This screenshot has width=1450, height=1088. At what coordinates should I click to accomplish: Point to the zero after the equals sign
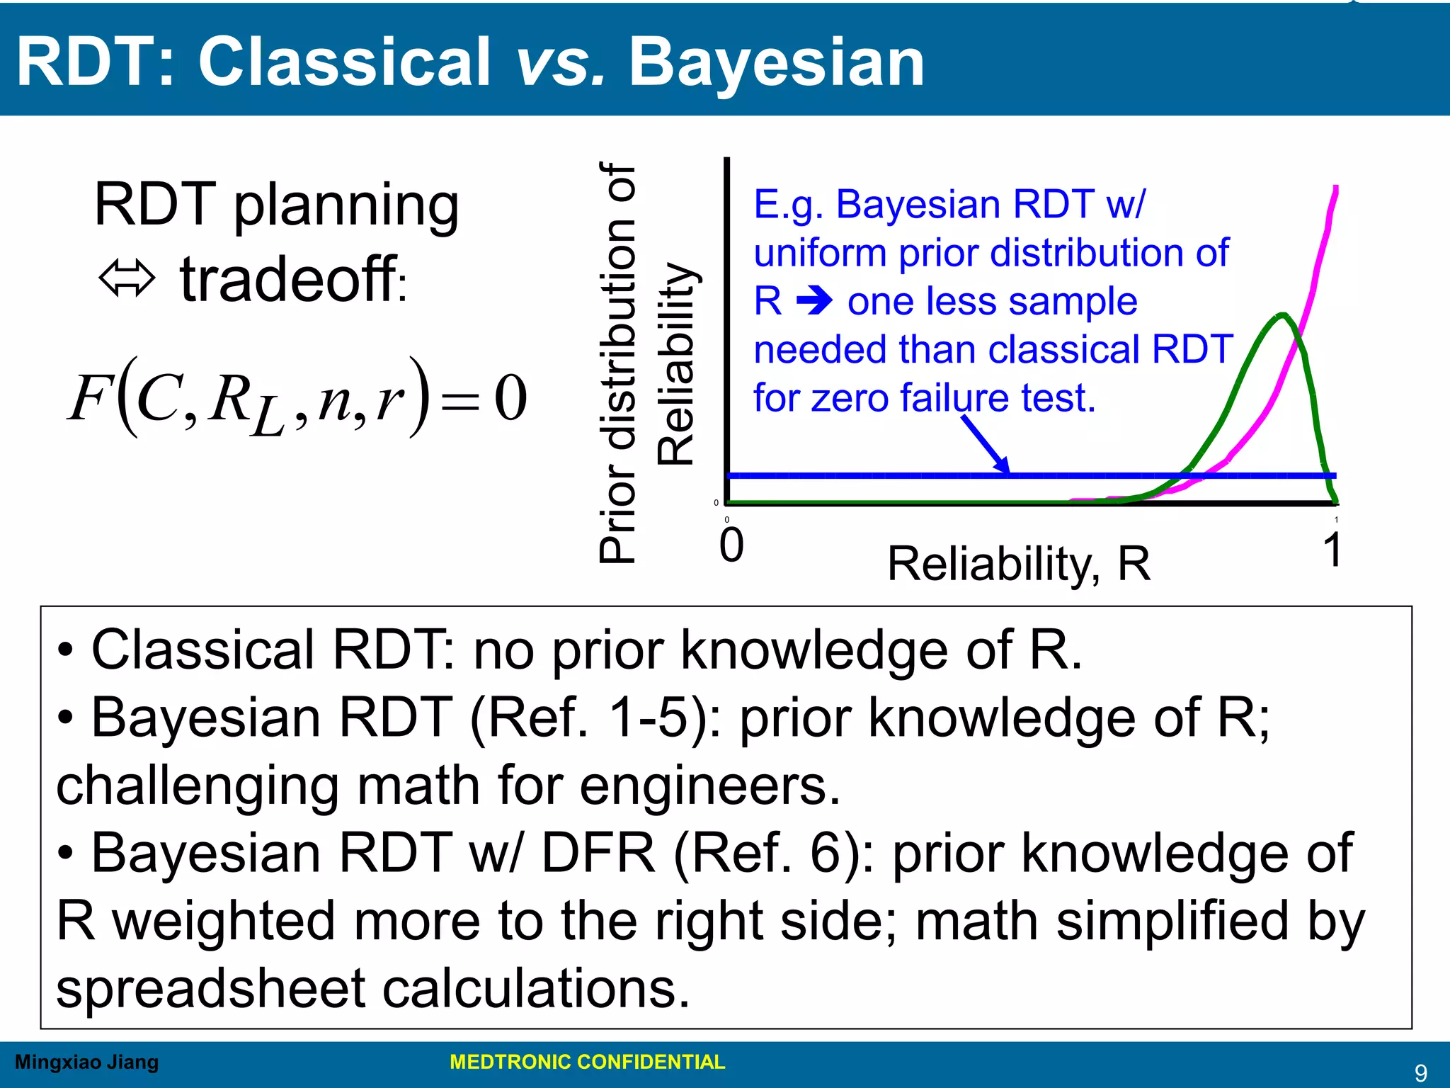[510, 398]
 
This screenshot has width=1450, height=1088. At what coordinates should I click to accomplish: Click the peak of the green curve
[1282, 315]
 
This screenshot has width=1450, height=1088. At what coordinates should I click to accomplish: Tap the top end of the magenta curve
[1336, 188]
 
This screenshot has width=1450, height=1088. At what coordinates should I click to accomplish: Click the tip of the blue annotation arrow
[1007, 472]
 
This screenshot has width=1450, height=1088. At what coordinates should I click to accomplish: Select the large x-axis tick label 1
[1332, 550]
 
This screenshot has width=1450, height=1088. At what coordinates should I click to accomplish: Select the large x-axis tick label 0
[731, 545]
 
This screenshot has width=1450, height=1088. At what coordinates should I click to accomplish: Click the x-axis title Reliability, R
[1018, 565]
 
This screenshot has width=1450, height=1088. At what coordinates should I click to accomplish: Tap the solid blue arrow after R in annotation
[814, 302]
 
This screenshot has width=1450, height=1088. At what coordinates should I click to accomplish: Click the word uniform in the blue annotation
[820, 253]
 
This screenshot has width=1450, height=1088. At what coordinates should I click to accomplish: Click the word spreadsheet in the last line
[211, 989]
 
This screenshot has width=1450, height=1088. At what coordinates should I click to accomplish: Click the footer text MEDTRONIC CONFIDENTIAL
[587, 1062]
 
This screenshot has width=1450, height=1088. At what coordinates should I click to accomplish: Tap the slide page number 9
[1420, 1073]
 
